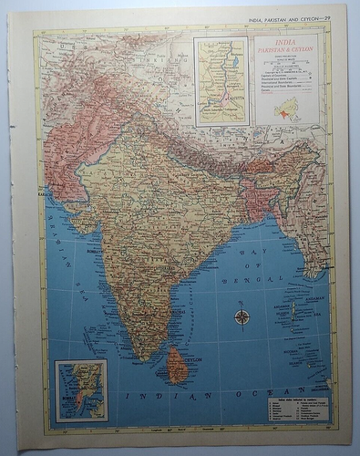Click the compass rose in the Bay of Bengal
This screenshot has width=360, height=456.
242,316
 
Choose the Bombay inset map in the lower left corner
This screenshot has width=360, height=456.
80,389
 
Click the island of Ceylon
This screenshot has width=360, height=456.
177,362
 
